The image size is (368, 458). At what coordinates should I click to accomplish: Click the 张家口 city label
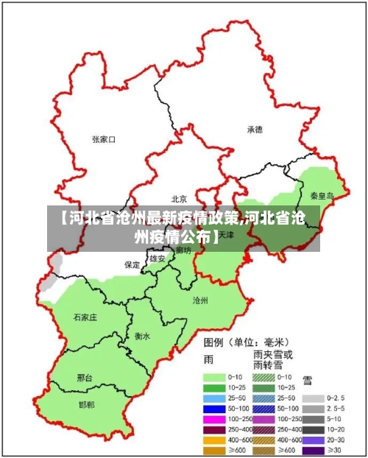104,138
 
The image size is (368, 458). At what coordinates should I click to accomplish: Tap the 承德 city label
255,129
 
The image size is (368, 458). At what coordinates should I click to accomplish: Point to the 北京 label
179,199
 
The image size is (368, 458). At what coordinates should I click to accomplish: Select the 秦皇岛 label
321,196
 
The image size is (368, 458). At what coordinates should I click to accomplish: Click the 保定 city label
132,264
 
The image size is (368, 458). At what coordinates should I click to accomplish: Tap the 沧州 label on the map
200,300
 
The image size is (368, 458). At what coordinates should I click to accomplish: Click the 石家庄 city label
85,317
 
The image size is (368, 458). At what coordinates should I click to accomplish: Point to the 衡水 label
142,336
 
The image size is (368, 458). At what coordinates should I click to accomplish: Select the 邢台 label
85,377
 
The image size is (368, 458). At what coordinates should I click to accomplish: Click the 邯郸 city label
86,404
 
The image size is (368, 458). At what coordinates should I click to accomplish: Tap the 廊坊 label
183,251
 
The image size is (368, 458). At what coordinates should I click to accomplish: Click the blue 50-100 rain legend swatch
213,409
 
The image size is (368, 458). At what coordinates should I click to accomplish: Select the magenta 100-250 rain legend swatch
213,419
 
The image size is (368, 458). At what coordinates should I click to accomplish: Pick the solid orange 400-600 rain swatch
213,440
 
